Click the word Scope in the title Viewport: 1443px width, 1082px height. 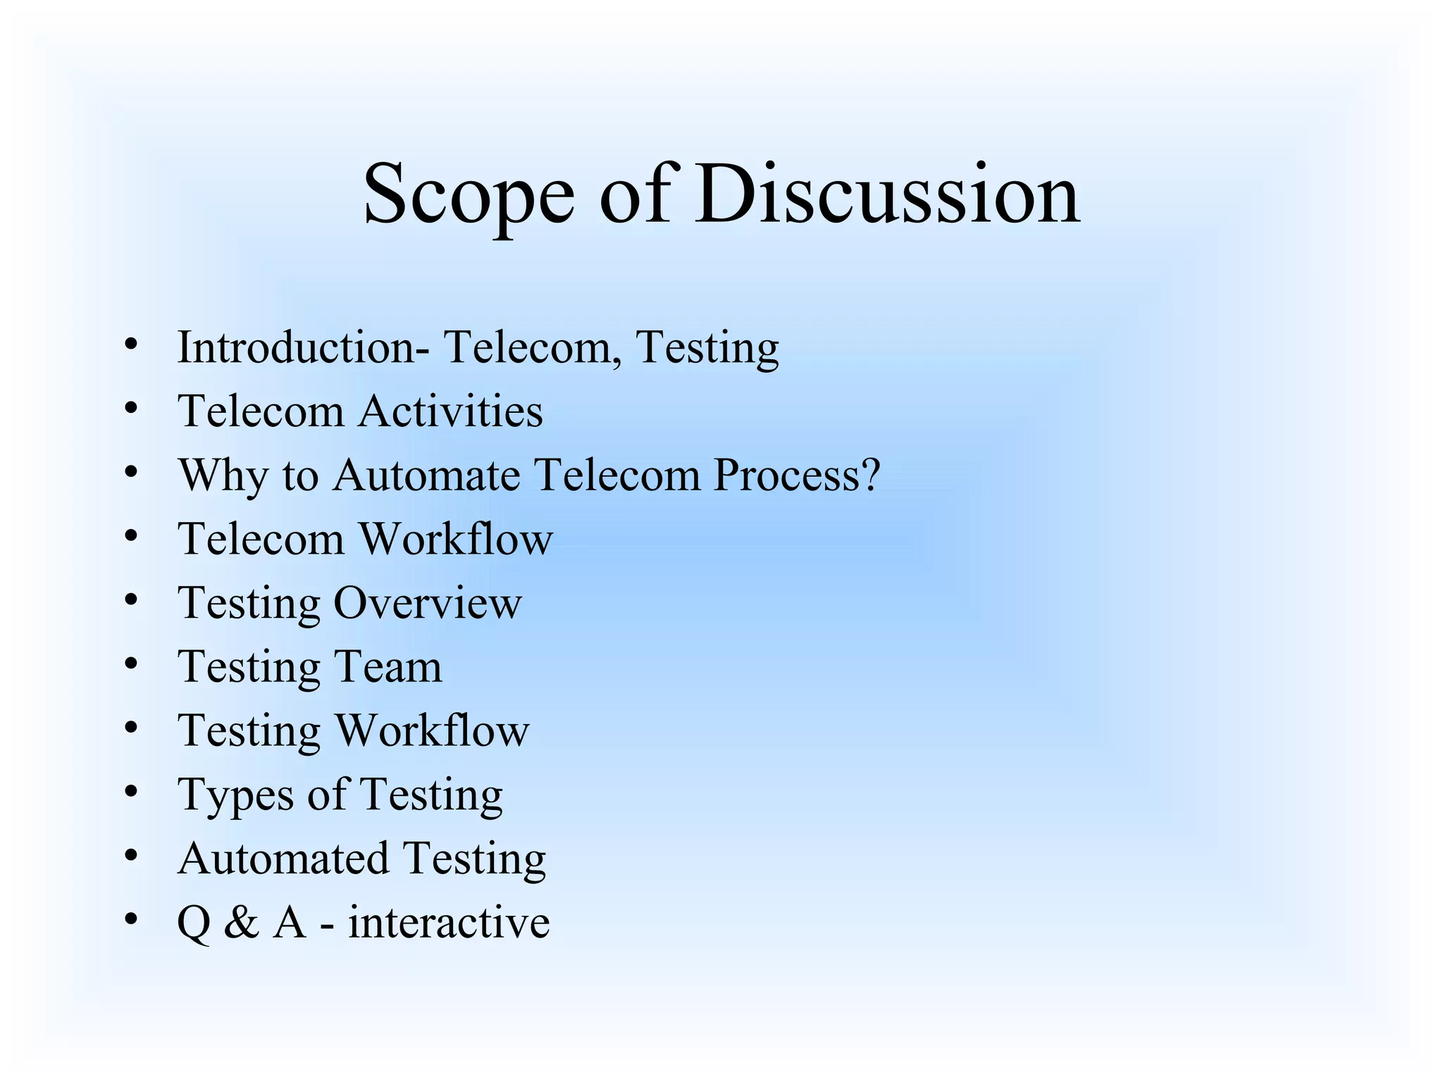click(468, 195)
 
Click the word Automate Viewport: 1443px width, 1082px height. click(426, 475)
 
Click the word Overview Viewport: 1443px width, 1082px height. click(427, 603)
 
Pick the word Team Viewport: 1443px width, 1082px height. click(387, 666)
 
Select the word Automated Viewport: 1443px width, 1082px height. click(283, 859)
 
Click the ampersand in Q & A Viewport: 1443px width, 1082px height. click(242, 923)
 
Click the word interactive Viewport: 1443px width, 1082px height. click(449, 923)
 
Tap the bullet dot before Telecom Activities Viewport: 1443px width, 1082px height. click(130, 408)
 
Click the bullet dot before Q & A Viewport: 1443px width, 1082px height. click(130, 919)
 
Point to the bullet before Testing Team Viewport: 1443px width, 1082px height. click(130, 664)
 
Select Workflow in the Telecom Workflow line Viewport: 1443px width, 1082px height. click(456, 539)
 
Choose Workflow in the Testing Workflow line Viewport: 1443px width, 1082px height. click(431, 730)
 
